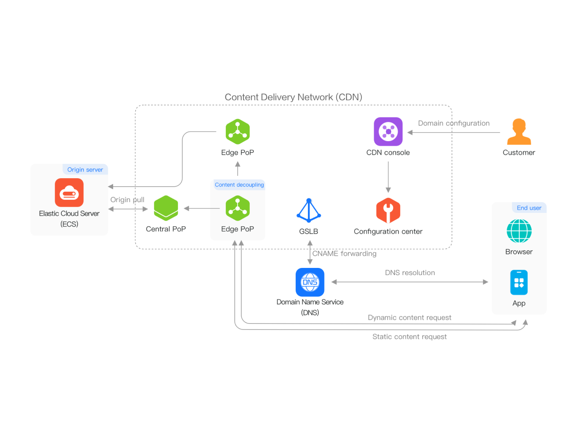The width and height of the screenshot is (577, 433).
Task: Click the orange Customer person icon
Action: (x=519, y=132)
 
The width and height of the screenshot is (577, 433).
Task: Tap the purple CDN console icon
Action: (x=388, y=132)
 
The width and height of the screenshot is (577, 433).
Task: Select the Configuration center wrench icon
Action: (x=388, y=211)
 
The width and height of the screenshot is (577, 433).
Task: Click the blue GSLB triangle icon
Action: (x=309, y=211)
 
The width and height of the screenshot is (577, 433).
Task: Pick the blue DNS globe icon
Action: (x=310, y=282)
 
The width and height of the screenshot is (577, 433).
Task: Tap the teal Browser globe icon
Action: (x=519, y=231)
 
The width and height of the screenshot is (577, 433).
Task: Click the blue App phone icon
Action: (x=519, y=283)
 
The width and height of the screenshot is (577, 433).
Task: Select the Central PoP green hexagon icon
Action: (x=166, y=208)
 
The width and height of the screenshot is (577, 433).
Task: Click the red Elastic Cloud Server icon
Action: (x=69, y=193)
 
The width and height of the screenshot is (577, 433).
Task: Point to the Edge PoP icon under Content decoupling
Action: (x=238, y=208)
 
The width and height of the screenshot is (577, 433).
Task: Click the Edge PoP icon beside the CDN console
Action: (x=238, y=132)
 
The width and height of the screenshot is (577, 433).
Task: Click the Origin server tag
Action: (x=85, y=170)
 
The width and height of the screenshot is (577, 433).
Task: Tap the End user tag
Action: (x=529, y=208)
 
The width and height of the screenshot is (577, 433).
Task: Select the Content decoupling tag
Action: (x=239, y=185)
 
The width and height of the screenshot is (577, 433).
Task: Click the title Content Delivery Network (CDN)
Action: (x=293, y=97)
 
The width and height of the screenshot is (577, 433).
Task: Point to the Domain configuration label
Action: (x=453, y=123)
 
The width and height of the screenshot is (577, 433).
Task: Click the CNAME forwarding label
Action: (x=344, y=253)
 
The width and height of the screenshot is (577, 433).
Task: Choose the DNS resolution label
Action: (x=410, y=273)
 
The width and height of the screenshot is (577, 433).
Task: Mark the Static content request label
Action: (x=409, y=336)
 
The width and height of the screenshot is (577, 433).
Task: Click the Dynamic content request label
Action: (x=409, y=318)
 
